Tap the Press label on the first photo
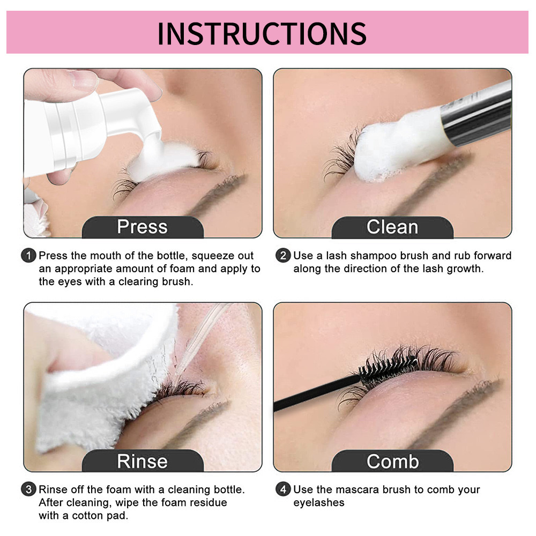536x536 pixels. (x=142, y=227)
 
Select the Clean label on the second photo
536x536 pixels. (x=392, y=227)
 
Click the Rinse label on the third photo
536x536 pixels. (x=142, y=461)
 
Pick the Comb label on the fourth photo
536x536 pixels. (x=392, y=461)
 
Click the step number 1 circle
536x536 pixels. (x=29, y=256)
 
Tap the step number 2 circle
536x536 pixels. (x=283, y=256)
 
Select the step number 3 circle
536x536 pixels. (x=29, y=489)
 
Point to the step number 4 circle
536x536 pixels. (x=283, y=489)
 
